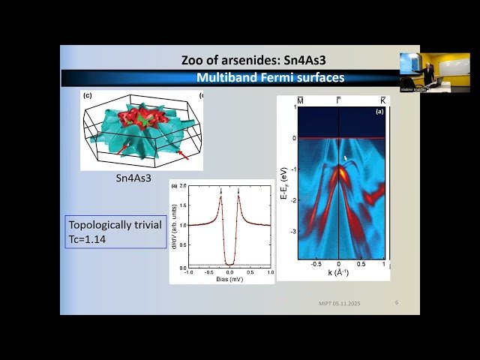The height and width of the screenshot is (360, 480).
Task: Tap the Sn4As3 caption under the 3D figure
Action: click(x=133, y=178)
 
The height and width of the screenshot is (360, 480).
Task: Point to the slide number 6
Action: click(x=397, y=302)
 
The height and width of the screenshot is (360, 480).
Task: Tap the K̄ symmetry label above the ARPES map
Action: click(x=383, y=100)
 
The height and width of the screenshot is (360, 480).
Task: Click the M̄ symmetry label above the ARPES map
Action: click(x=300, y=100)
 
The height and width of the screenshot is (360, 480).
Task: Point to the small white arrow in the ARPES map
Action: click(x=345, y=158)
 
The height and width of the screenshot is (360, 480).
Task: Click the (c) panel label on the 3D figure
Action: click(x=87, y=96)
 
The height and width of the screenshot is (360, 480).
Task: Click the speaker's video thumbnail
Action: click(x=424, y=73)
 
